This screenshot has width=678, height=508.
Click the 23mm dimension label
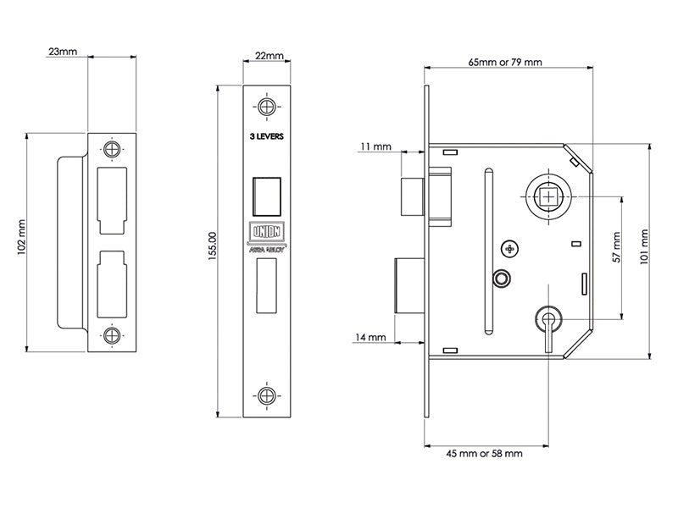point(63,52)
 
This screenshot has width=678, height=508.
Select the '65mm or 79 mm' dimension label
point(506,63)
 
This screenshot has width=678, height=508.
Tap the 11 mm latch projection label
point(375,146)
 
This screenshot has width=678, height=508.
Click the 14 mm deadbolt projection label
point(371,337)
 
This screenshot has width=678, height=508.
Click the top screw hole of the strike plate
point(111,148)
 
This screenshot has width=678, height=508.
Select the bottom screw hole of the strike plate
point(111,334)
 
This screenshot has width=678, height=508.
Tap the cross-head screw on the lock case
point(508,248)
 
